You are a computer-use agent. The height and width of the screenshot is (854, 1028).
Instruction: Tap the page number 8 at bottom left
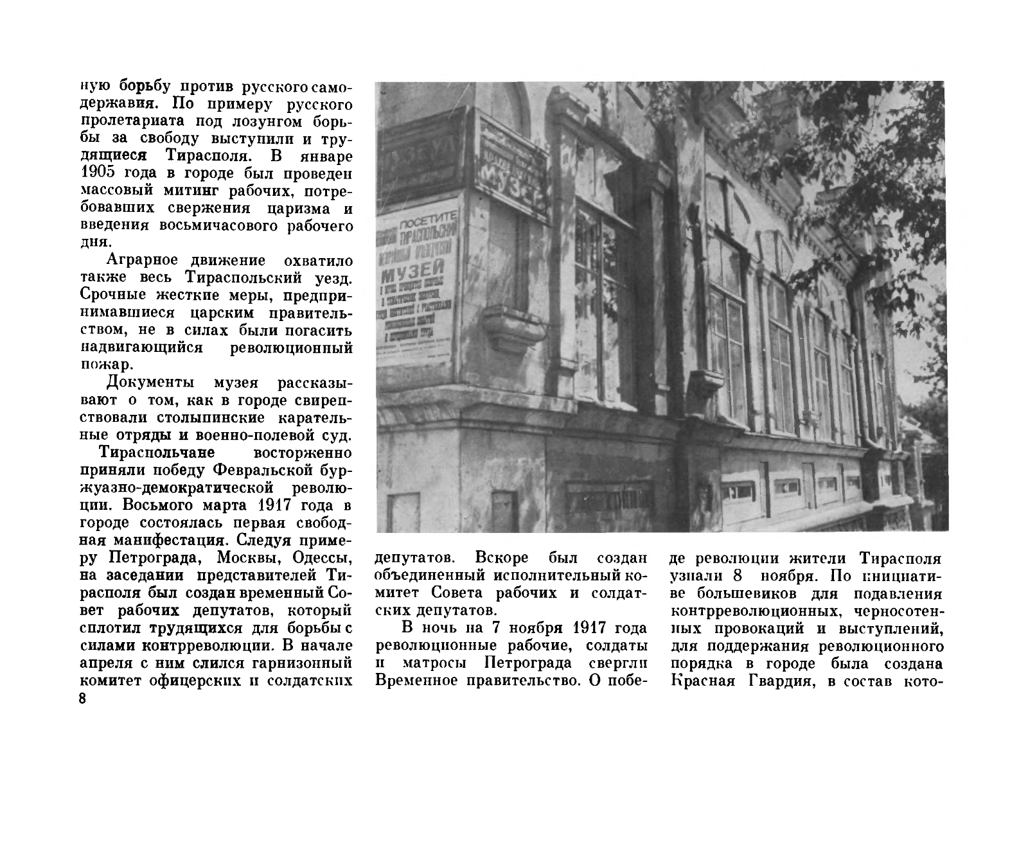82,699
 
